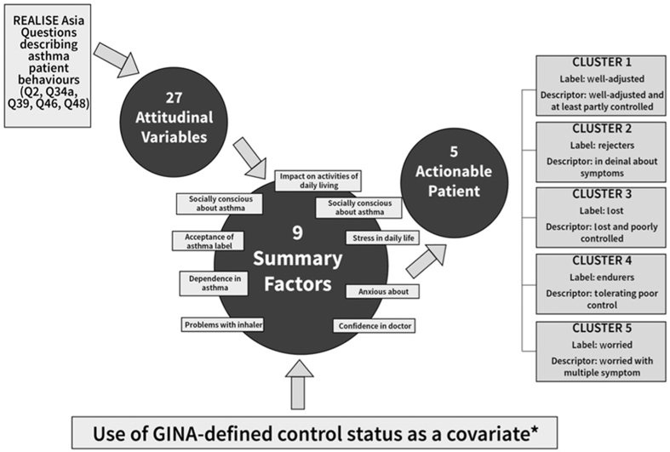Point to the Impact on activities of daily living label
pyautogui.click(x=318, y=180)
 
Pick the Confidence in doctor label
pyautogui.click(x=375, y=325)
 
